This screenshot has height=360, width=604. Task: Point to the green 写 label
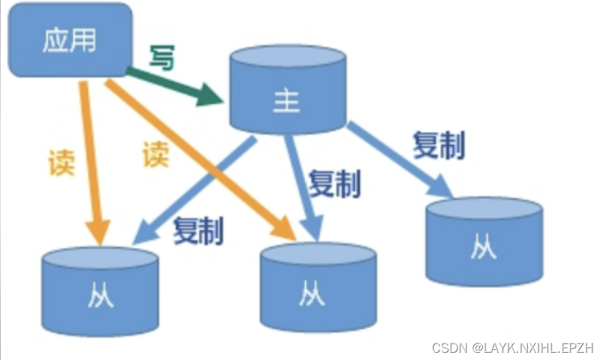click(161, 58)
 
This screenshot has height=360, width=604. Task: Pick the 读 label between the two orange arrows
click(155, 154)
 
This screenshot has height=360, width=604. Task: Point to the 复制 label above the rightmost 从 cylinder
click(438, 144)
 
